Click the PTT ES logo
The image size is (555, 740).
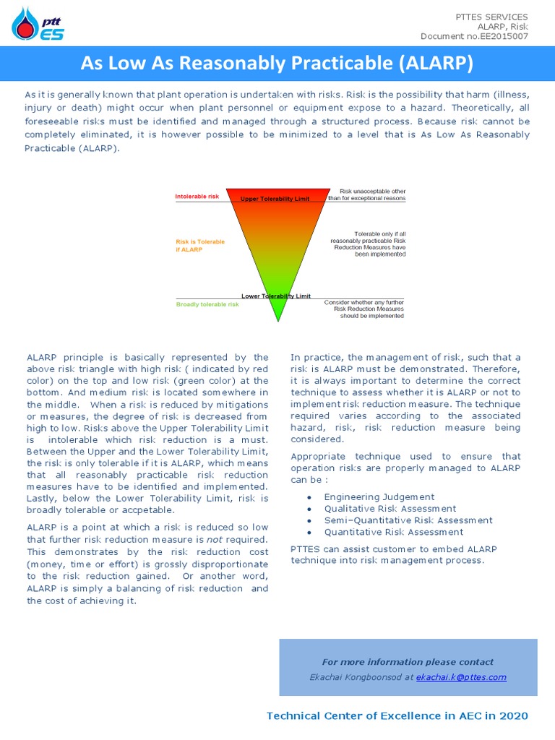(x=38, y=24)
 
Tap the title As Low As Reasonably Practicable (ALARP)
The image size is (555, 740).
(x=277, y=64)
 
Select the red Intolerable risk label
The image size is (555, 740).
(x=197, y=197)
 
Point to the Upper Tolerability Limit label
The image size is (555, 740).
(x=275, y=199)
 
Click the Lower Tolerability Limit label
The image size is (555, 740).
(x=276, y=296)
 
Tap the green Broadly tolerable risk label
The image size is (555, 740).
(x=207, y=304)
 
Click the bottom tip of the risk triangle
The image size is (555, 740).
(x=277, y=320)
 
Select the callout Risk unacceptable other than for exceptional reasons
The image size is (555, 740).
(x=367, y=195)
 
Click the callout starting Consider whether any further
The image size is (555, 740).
(x=364, y=309)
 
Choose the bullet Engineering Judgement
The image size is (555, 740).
(x=379, y=497)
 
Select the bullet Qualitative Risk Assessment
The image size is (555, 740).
(x=390, y=509)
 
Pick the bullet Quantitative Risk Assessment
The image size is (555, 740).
(x=394, y=532)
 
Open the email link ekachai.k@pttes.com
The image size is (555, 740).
(x=461, y=677)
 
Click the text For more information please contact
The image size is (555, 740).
(x=408, y=662)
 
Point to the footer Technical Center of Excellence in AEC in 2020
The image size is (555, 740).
(x=397, y=716)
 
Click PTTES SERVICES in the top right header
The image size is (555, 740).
(x=491, y=17)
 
